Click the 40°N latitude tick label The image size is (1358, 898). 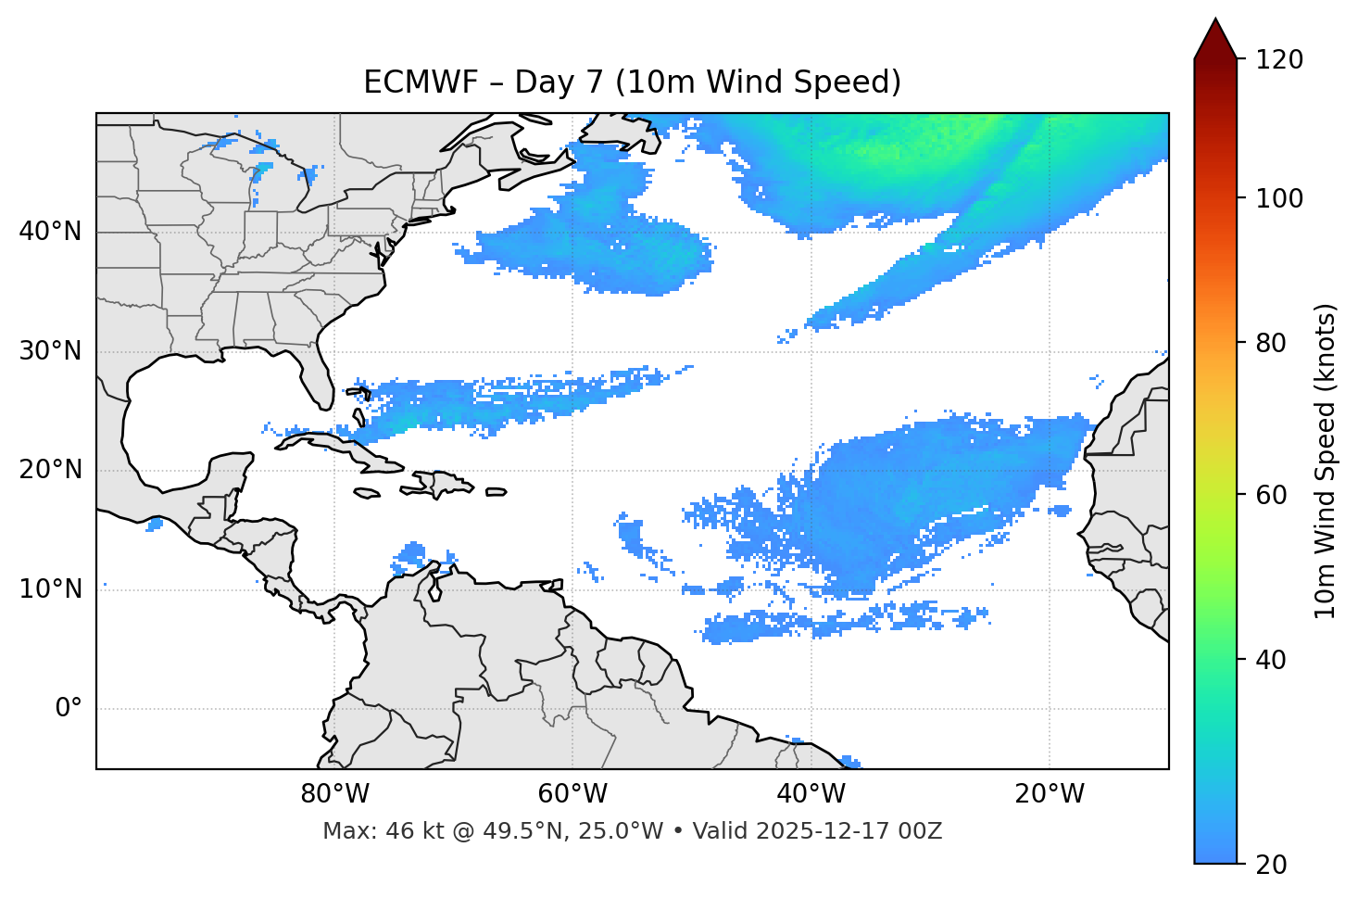tap(50, 232)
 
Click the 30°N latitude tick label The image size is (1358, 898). tap(50, 351)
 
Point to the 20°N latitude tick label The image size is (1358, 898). tap(50, 470)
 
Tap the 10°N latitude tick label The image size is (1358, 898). tap(50, 589)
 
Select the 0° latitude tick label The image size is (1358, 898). tap(69, 709)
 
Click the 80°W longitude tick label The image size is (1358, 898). tap(334, 794)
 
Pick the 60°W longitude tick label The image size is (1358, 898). tap(572, 794)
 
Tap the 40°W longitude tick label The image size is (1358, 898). tap(811, 794)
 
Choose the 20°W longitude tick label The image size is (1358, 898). tap(1050, 794)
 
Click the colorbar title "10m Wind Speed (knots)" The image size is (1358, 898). tap(1326, 462)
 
